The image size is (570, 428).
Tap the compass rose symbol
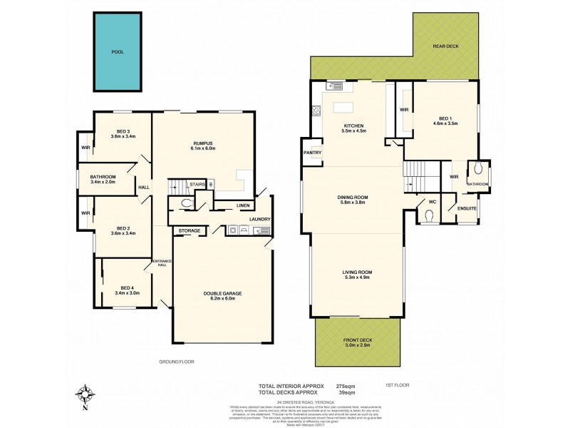point(85,394)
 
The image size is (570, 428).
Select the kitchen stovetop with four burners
point(315,111)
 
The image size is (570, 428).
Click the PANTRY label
point(312,152)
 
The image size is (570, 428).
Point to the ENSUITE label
point(467,208)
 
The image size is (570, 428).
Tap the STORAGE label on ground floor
point(189,231)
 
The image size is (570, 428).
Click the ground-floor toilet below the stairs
point(186,203)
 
